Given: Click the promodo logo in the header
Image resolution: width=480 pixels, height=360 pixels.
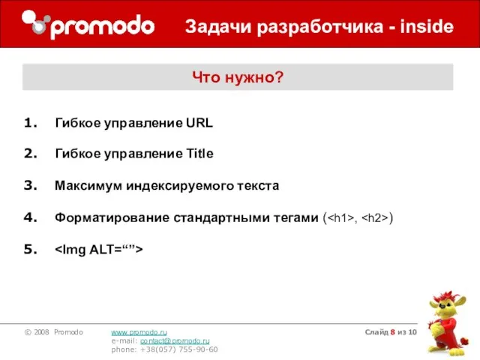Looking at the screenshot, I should click(88, 25).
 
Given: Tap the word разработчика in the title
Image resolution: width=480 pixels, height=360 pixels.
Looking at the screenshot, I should click(310, 28).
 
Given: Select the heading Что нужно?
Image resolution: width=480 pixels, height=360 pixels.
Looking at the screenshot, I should click(238, 76).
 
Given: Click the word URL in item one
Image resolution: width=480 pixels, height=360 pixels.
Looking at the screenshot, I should click(199, 123).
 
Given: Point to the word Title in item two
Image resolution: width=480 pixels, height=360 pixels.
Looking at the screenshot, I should click(199, 154).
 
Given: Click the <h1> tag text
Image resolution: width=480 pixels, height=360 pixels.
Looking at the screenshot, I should click(341, 219).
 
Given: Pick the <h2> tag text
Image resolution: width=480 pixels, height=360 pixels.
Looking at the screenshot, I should click(374, 219).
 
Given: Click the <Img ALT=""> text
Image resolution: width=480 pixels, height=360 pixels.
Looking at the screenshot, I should click(99, 249).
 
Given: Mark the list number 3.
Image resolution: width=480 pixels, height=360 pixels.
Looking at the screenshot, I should click(31, 185).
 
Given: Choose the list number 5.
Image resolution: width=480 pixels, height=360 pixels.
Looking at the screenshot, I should click(31, 249).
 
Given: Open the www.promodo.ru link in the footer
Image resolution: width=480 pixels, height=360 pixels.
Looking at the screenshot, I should click(139, 331).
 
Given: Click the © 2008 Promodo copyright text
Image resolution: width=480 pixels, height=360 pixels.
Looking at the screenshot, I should click(52, 331).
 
